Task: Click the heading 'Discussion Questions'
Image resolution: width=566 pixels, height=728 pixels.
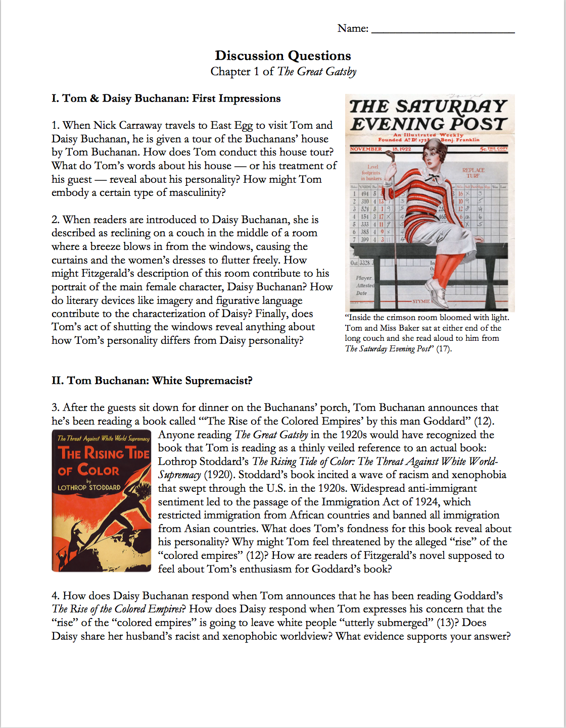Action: click(282, 56)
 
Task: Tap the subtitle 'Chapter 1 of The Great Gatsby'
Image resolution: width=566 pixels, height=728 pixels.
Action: click(283, 72)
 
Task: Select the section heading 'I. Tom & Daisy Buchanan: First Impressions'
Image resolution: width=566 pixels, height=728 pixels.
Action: click(166, 98)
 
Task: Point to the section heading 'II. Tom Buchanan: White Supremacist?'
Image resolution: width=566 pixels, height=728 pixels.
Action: click(152, 381)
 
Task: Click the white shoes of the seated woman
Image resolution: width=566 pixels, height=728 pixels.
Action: click(438, 294)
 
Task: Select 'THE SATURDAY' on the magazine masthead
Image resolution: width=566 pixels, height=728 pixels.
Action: click(428, 107)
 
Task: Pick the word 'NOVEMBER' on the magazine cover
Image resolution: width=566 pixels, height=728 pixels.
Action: click(366, 149)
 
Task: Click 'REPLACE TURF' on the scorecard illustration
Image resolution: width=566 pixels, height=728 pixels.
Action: click(473, 173)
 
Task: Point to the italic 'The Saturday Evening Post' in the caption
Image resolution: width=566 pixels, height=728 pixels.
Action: click(388, 349)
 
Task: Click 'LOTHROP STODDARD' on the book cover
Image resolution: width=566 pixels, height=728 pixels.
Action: click(89, 488)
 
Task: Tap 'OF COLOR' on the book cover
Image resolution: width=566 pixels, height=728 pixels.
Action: click(89, 471)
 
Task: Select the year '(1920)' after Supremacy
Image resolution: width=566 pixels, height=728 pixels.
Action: click(219, 475)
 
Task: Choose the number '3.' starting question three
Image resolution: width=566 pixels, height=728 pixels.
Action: click(56, 408)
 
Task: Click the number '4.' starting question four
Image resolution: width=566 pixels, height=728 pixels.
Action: click(56, 596)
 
